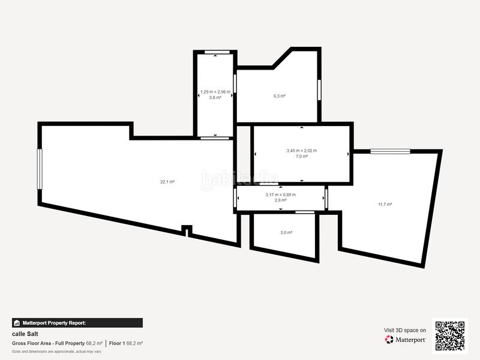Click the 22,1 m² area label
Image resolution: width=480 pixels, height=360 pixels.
click(167, 181)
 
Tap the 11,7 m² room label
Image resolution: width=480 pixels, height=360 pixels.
click(385, 204)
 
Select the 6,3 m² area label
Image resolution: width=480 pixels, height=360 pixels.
click(279, 95)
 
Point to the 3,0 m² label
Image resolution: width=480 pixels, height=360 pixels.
click(286, 232)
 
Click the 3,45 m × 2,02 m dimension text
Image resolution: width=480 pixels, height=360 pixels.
click(301, 151)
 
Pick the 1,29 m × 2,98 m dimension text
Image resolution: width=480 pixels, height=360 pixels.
click(215, 92)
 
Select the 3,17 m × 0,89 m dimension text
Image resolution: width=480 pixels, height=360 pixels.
click(280, 194)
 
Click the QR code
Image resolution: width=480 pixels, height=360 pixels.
click(450, 335)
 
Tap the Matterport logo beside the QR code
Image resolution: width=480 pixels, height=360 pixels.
click(406, 340)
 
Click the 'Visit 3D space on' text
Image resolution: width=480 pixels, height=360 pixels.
click(405, 330)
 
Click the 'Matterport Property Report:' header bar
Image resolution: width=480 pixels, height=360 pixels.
click(77, 323)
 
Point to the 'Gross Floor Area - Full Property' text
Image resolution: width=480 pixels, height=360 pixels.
click(48, 343)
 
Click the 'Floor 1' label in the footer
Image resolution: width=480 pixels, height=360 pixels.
click(117, 343)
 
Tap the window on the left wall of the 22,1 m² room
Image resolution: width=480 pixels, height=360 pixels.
click(40, 169)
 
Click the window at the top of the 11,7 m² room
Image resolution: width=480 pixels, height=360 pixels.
click(389, 151)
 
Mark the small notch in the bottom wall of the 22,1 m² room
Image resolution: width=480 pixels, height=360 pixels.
click(187, 229)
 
